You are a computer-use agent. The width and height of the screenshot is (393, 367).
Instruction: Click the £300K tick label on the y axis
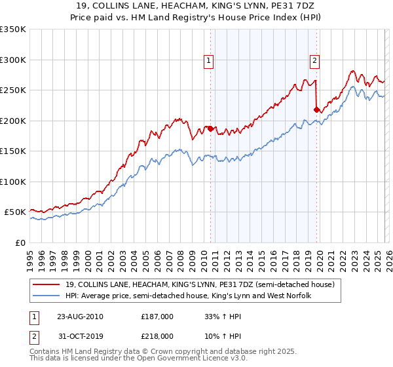coord(12,60)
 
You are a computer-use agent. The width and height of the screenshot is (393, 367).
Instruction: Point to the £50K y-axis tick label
coord(14,212)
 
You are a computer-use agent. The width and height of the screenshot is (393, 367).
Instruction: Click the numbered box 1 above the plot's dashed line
coord(209,60)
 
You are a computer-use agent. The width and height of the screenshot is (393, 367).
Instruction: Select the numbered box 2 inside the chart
coord(314,60)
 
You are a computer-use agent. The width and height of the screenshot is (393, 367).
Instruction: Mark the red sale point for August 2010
coord(210,129)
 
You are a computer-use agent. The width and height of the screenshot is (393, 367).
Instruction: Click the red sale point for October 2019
coord(316,110)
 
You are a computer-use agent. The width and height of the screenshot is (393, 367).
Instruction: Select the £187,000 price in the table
coord(157,316)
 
